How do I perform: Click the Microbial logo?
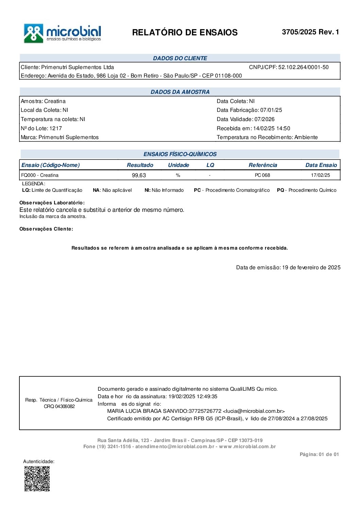point(62,33)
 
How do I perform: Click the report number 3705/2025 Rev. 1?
point(310,32)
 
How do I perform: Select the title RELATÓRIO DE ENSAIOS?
point(185,33)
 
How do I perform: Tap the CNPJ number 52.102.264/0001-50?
point(304,67)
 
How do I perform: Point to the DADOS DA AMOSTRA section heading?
point(180,92)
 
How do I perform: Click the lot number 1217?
point(55,128)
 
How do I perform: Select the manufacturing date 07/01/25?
point(271,110)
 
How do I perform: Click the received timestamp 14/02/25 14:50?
point(272,129)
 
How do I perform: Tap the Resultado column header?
point(140,165)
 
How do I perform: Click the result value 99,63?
point(139,175)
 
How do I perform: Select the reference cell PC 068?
point(262,175)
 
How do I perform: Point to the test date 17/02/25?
point(321,175)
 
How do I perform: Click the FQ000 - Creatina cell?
point(40,175)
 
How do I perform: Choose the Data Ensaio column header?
point(321,165)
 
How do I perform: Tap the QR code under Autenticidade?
point(37,478)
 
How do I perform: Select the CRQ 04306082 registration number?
point(59,407)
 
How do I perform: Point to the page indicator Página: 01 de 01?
point(319,455)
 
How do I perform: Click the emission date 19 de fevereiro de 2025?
point(311,268)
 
